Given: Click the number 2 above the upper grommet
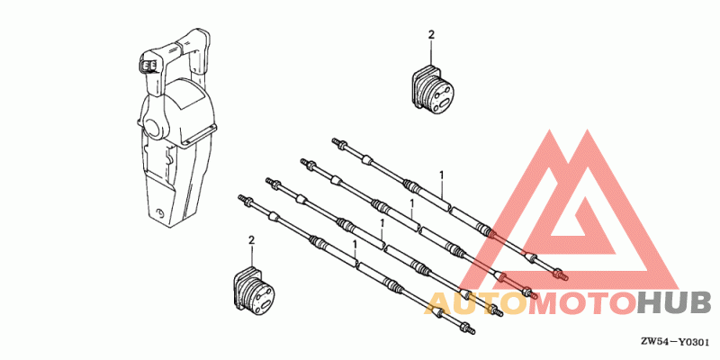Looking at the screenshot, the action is pos(431,35).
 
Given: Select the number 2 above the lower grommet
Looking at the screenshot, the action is pos(251,239).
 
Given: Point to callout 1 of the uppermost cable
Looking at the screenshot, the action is pos(441,175).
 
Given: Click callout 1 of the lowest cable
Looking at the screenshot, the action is pos(355,243).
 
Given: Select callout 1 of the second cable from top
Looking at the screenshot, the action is pos(412,202).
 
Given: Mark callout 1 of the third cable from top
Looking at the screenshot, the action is pos(382,223).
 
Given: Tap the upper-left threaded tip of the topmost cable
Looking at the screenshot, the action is pos(334,140).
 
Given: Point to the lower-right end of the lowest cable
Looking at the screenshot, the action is pos(472,331).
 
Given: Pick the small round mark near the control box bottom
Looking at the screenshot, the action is pos(160,212).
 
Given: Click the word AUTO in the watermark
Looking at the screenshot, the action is pos(477,303).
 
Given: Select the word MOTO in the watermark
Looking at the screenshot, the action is pos(582,303).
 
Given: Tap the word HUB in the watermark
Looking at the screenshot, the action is pos(674,303).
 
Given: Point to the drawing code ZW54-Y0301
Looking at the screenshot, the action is pos(676,342).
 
